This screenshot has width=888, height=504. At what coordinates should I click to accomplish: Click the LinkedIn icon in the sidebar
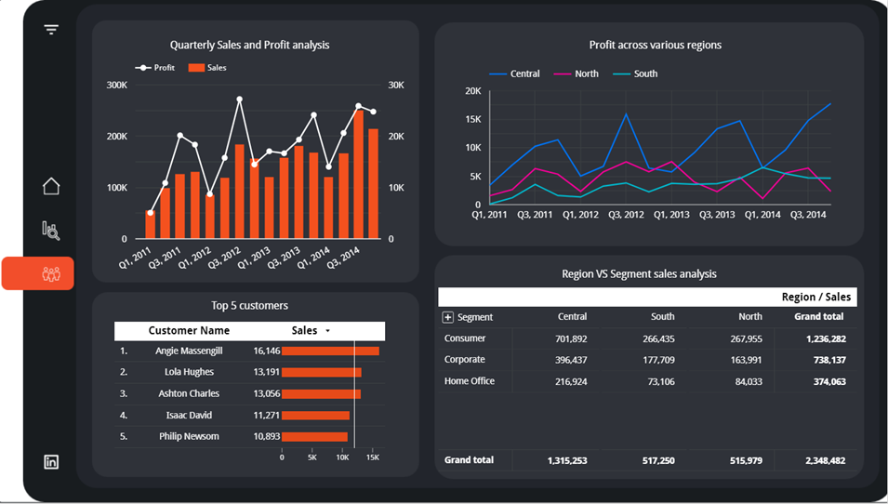pyautogui.click(x=51, y=462)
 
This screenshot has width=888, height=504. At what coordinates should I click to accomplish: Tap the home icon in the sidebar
pyautogui.click(x=51, y=186)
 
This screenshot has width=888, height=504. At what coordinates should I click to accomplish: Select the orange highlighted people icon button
pyautogui.click(x=51, y=273)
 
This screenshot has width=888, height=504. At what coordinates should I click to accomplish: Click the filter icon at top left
pyautogui.click(x=51, y=30)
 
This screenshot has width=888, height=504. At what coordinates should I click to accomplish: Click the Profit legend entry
pyautogui.click(x=156, y=68)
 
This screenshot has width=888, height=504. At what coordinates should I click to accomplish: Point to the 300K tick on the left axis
pyautogui.click(x=117, y=86)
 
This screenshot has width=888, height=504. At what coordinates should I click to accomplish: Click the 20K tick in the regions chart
pyautogui.click(x=472, y=91)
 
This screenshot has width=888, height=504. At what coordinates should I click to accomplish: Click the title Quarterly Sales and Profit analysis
pyautogui.click(x=249, y=45)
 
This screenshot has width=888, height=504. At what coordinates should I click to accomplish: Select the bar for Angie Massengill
pyautogui.click(x=330, y=351)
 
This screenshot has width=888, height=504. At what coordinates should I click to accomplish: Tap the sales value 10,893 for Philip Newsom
pyautogui.click(x=266, y=436)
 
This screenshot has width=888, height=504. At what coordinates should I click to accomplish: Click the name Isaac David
pyautogui.click(x=189, y=415)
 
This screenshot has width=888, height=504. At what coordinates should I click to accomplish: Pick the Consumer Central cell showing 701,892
pyautogui.click(x=571, y=339)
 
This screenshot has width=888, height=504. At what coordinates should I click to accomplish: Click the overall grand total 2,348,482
pyautogui.click(x=823, y=460)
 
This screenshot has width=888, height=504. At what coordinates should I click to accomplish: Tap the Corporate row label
pyautogui.click(x=465, y=360)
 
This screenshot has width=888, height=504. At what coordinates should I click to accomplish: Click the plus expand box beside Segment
pyautogui.click(x=447, y=317)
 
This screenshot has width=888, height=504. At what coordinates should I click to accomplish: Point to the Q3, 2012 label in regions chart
pyautogui.click(x=626, y=215)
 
